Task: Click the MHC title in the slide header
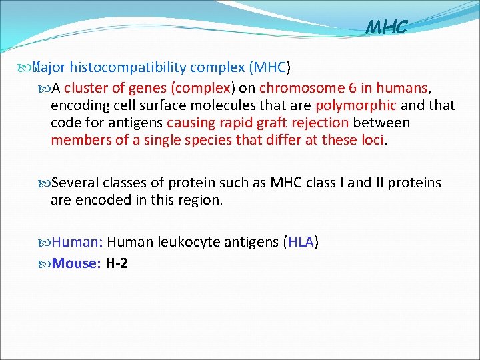[x=387, y=27]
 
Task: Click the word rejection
[x=321, y=123]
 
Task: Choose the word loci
[x=374, y=140]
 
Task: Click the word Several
[x=74, y=183]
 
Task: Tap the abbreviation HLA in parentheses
[x=301, y=241]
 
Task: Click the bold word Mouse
[x=75, y=263]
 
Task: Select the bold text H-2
[x=117, y=263]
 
